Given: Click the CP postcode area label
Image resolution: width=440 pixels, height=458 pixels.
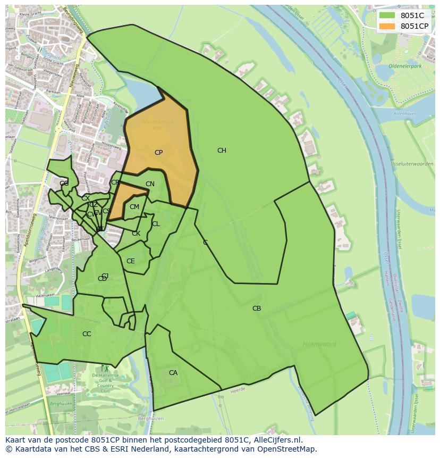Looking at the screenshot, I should pos(158,153).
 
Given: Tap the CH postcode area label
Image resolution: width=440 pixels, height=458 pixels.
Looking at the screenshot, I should pos(222,151).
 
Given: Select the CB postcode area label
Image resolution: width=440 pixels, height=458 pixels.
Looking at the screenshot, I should pos(257,309).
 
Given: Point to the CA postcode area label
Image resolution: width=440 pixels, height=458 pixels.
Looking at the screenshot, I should pos(173,373).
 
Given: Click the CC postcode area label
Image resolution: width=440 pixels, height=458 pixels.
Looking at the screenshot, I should pos(87,334).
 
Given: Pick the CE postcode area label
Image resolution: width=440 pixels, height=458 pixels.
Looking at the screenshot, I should pos(130,261).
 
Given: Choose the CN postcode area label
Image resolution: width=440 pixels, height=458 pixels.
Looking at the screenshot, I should pos(150,185).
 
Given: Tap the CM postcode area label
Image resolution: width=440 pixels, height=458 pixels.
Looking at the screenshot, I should pos(134,207).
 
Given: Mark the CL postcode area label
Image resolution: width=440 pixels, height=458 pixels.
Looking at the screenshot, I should pos(156,224).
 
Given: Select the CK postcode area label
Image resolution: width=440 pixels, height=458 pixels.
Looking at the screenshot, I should pos(136,234).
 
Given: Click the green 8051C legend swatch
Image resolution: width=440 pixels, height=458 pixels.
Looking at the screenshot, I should pos(387,15).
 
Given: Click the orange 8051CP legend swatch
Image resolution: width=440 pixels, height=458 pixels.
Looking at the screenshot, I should pos(387,26).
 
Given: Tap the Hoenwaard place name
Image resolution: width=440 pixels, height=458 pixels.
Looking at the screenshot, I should pos(319,344).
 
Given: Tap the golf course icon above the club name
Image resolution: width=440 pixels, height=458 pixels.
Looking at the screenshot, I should pos(105,368).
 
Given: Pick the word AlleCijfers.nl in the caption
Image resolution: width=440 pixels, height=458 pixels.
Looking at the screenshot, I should pos(277,440).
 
